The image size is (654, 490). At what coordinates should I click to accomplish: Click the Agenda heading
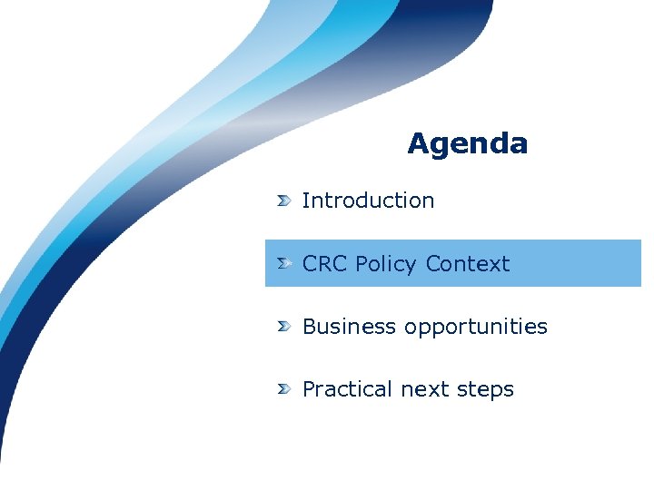(467, 143)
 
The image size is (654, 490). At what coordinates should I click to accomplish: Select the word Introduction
(368, 201)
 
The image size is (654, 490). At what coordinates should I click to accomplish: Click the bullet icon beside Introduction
(284, 201)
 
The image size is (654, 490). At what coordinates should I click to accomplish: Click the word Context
(467, 264)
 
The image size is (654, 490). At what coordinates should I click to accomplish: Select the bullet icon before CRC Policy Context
(284, 263)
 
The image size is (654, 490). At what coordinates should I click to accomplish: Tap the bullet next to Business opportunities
(284, 326)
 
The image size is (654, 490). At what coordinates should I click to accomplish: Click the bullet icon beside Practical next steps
(284, 388)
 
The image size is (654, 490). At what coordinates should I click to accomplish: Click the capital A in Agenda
(418, 143)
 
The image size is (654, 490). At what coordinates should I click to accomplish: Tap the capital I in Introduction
(306, 201)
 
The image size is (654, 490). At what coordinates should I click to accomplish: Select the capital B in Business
(310, 327)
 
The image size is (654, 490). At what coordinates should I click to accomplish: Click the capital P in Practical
(309, 389)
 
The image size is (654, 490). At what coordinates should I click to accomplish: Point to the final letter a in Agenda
(518, 145)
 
